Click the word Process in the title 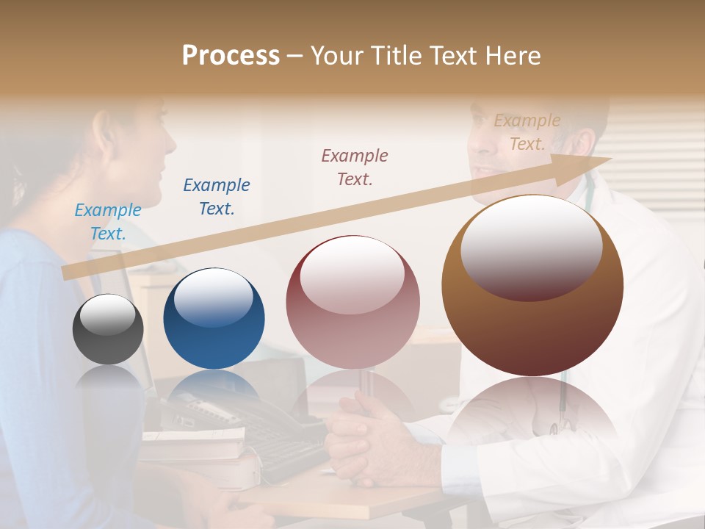point(231,56)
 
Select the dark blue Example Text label point(217,197)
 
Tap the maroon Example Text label point(355,167)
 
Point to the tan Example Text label point(527,132)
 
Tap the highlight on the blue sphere point(213,298)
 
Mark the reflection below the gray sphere point(108,378)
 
